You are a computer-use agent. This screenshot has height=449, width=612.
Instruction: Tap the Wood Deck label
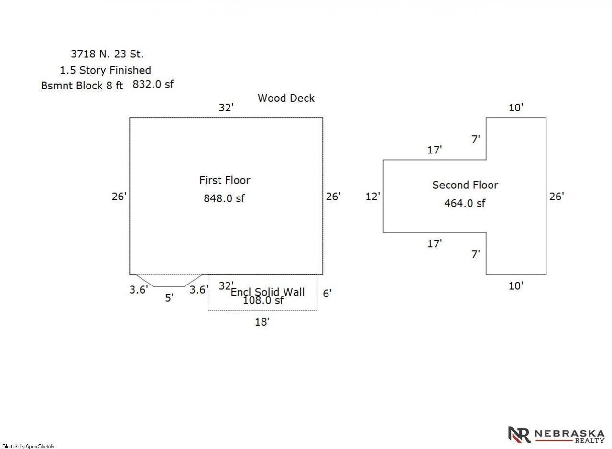click(x=286, y=98)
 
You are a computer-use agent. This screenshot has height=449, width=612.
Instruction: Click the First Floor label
click(x=225, y=180)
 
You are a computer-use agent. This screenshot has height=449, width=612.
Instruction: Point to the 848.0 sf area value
click(x=224, y=198)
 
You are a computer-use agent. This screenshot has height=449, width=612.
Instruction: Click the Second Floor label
click(x=465, y=185)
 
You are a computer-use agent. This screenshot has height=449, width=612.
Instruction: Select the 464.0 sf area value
click(x=465, y=203)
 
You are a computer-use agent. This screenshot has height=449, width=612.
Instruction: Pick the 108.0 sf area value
click(x=263, y=301)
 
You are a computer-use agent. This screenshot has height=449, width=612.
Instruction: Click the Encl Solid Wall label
click(x=268, y=292)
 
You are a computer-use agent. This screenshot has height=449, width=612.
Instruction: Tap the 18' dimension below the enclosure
click(x=262, y=322)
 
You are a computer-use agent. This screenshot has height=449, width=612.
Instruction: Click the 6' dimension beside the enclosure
click(x=327, y=294)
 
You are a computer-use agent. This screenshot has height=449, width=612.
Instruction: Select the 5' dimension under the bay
click(x=169, y=298)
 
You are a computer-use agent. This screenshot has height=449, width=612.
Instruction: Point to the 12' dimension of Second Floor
click(x=372, y=196)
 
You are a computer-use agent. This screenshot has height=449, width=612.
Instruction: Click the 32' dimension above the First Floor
click(x=226, y=108)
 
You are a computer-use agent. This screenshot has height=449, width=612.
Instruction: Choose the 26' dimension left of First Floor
click(x=119, y=196)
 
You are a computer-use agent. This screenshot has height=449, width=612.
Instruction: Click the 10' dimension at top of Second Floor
click(x=516, y=108)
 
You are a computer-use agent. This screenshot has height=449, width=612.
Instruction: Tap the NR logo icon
click(x=519, y=435)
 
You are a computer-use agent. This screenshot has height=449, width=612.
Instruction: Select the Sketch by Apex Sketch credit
click(x=28, y=446)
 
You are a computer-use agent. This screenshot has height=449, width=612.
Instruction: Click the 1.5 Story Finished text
click(x=105, y=70)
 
